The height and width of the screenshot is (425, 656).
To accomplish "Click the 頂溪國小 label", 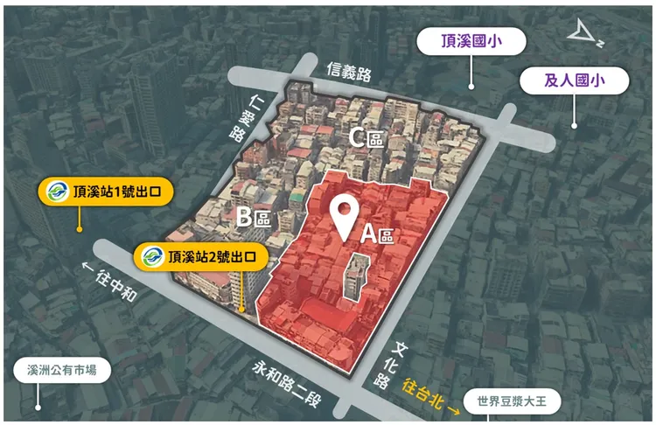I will coord(471,41).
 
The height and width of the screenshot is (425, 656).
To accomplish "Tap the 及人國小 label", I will coord(575,80).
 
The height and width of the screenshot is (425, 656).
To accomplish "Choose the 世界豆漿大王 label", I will coord(512,403).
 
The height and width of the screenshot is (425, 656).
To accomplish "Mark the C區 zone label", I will coord(366,137).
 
